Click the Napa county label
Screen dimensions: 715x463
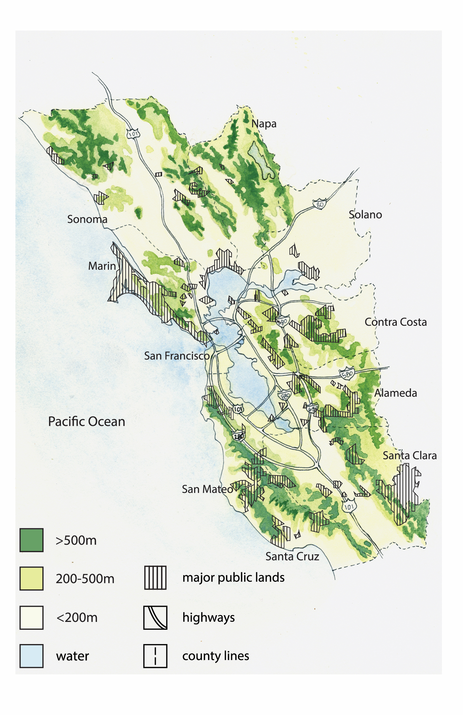pyautogui.click(x=264, y=124)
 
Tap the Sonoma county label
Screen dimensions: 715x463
pyautogui.click(x=87, y=219)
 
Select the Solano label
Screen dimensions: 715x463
pyautogui.click(x=365, y=215)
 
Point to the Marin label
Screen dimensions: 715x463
pyautogui.click(x=102, y=266)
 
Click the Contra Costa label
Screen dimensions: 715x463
pyautogui.click(x=395, y=322)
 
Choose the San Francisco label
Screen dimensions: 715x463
pyautogui.click(x=177, y=356)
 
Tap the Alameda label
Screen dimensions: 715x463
pyautogui.click(x=395, y=393)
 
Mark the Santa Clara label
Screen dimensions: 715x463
pyautogui.click(x=409, y=456)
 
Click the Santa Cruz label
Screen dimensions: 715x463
pyautogui.click(x=292, y=557)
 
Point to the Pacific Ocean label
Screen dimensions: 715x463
pyautogui.click(x=87, y=422)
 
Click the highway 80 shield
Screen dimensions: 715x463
pyautogui.click(x=319, y=204)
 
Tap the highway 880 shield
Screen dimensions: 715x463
pyautogui.click(x=285, y=396)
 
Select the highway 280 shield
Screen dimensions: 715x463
pyautogui.click(x=239, y=437)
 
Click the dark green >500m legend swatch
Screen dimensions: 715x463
pyautogui.click(x=31, y=540)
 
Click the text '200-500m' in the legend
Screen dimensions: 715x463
pyautogui.click(x=85, y=579)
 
